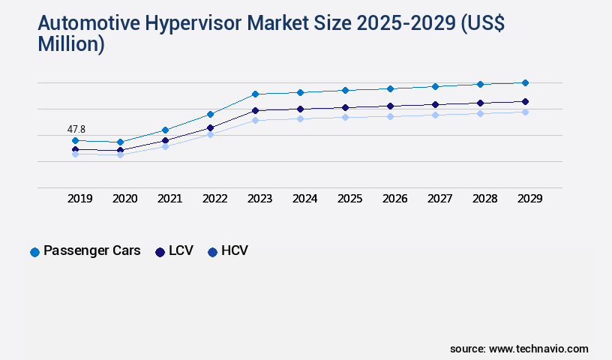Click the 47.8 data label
pos(76,129)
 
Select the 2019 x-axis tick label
pos(80,199)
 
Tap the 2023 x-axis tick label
pos(260,199)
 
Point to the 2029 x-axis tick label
pos(530,199)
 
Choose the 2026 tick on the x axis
pos(395,199)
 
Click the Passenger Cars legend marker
pos(34,252)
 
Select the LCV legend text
pos(181,250)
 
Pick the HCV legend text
pos(234,250)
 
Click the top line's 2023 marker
pos(255,94)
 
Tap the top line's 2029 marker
pos(525,82)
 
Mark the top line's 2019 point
pos(75,140)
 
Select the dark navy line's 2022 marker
pos(210,127)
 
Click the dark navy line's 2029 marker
pos(525,101)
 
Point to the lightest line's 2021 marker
pos(165,146)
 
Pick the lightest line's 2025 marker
pos(345,117)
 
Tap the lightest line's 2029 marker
pos(525,112)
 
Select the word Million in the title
pos(71,45)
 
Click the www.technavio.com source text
pos(538,349)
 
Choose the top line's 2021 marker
pos(165,130)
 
